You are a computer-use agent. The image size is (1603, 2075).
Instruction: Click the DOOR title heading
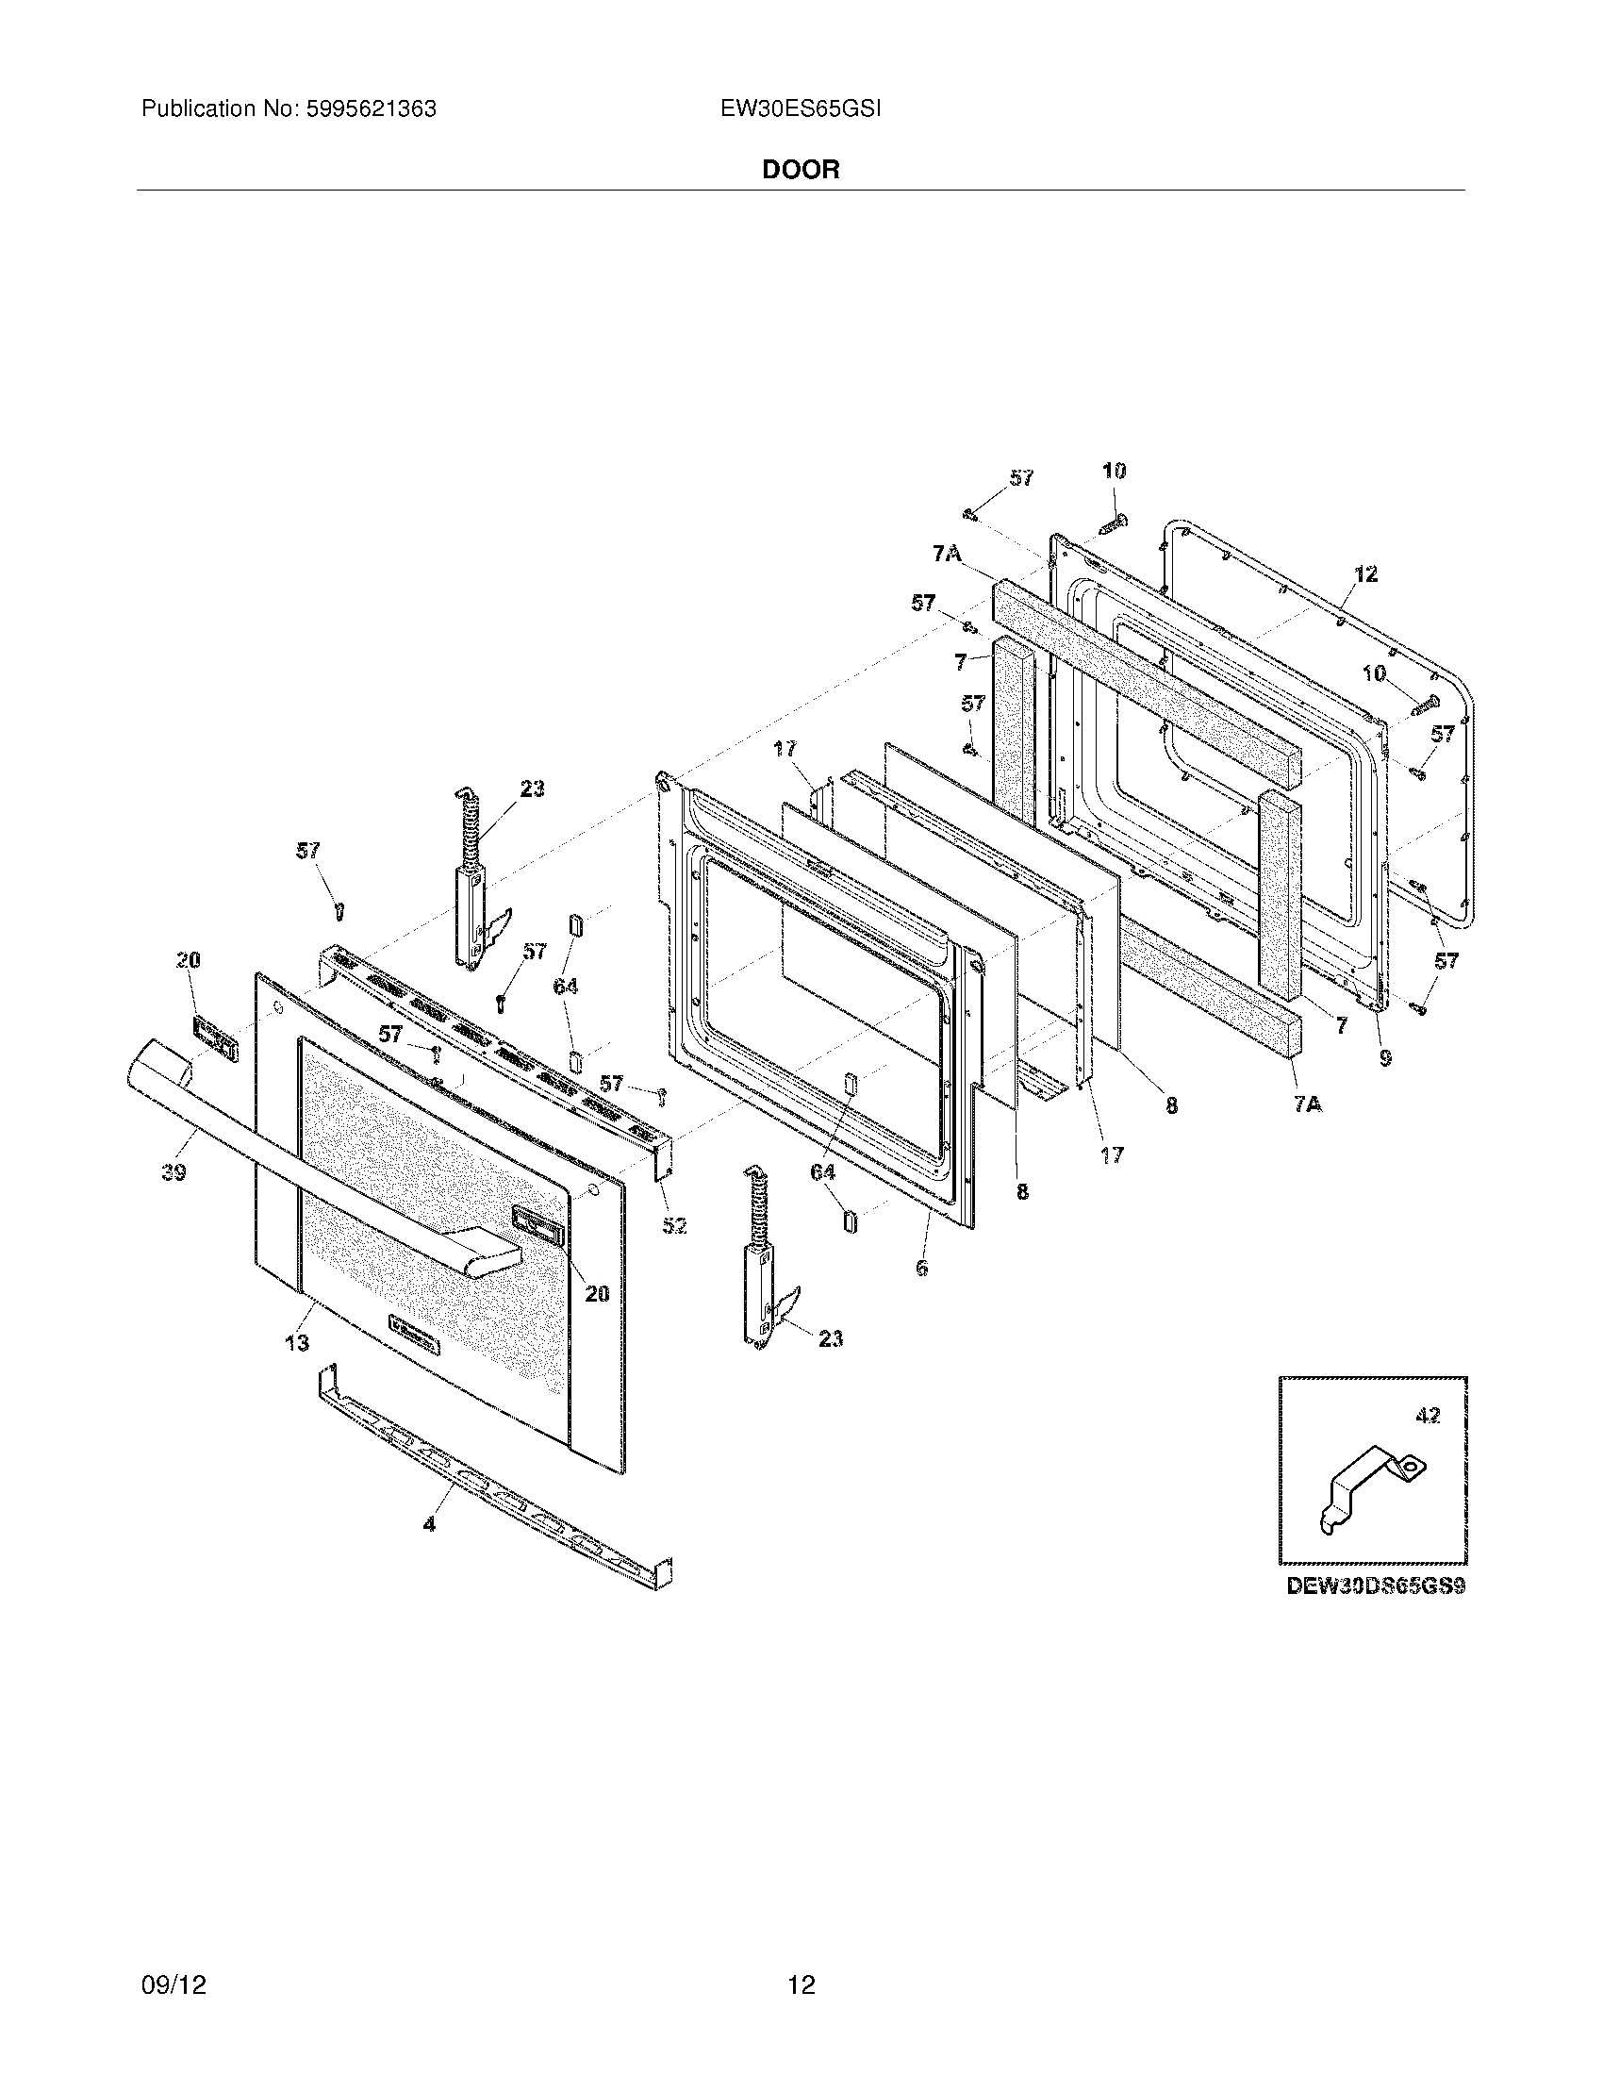pos(801,170)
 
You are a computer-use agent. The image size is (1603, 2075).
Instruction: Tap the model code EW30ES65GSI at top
pos(801,109)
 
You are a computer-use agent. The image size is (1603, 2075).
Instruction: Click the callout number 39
pos(173,1172)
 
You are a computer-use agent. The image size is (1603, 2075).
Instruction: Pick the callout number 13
pos(297,1342)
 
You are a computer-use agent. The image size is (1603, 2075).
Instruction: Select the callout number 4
pos(429,1524)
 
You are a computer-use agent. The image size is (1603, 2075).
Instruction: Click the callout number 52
pos(674,1225)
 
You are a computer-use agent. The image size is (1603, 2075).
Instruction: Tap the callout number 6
pos(921,1268)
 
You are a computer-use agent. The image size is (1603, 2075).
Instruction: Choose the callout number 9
pos(1385,1056)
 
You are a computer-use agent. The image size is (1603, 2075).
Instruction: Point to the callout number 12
pos(1365,573)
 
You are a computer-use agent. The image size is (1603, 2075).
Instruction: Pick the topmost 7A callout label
pos(946,553)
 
